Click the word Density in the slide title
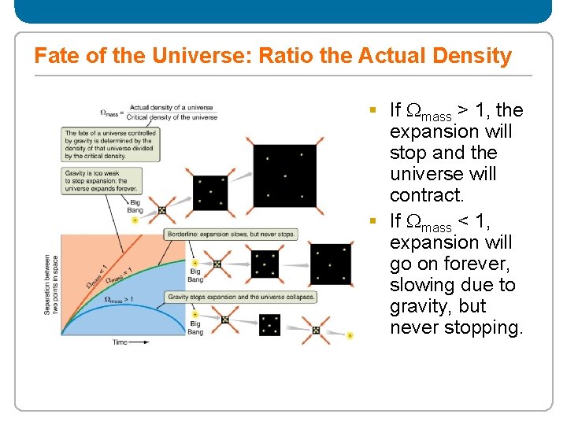pos(472,57)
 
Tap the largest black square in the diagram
pos(284,176)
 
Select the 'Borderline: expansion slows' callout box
pos(231,235)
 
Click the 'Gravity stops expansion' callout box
pos(240,297)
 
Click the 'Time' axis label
pos(120,342)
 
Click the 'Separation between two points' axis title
pos(50,284)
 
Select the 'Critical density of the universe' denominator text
pos(173,117)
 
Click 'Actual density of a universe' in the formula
pos(171,107)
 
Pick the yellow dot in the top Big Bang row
pos(135,221)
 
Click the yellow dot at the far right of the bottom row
pos(350,335)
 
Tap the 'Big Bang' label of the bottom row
pos(195,328)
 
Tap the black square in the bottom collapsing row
pos(269,323)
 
